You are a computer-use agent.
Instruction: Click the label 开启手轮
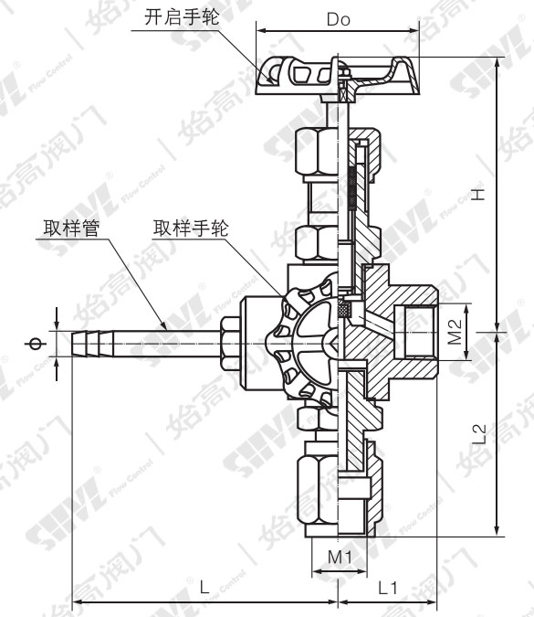183,16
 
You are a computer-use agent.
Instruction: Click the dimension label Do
338,18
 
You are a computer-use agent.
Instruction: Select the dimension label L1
388,590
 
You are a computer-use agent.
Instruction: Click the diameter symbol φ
36,344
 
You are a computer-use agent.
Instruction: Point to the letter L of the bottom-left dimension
204,590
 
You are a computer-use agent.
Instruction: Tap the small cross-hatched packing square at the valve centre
345,309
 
